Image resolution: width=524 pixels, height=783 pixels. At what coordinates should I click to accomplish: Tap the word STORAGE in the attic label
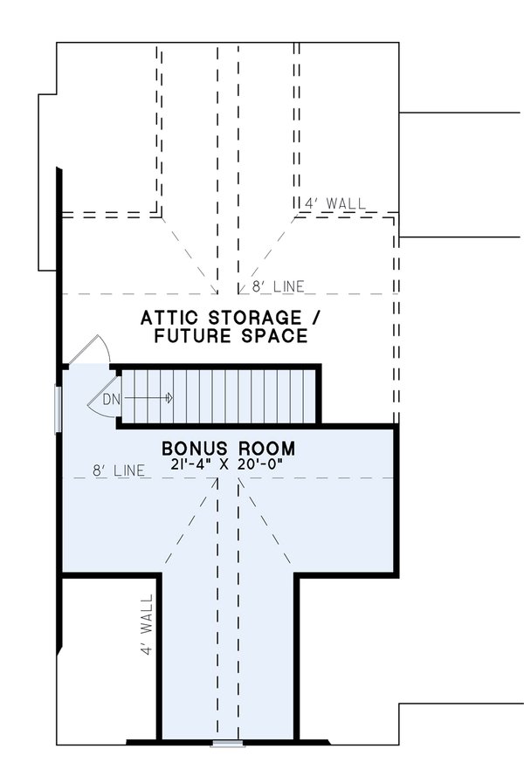pos(250,318)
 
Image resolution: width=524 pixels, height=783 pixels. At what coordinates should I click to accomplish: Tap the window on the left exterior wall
pos(59,408)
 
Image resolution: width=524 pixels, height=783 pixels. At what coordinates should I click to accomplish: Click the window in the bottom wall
pos(228,743)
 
